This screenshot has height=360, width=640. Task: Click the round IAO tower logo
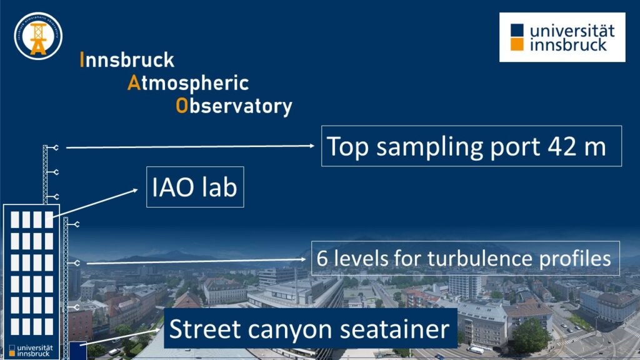[38, 36]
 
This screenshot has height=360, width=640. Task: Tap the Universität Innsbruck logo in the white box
[562, 37]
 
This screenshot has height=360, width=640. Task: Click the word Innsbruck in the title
[127, 59]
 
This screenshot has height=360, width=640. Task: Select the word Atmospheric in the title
[188, 83]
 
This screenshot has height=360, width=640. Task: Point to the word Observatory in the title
[234, 106]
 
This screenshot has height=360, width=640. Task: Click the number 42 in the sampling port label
[562, 146]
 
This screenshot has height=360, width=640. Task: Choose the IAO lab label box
[195, 187]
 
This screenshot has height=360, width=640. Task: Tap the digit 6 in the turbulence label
[322, 258]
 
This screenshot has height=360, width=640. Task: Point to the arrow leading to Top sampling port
[190, 146]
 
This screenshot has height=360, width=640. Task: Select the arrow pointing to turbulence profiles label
[196, 261]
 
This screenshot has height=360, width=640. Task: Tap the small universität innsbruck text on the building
[31, 351]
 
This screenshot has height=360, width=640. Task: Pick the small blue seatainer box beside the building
[77, 351]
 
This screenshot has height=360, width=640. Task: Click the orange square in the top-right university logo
[517, 44]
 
